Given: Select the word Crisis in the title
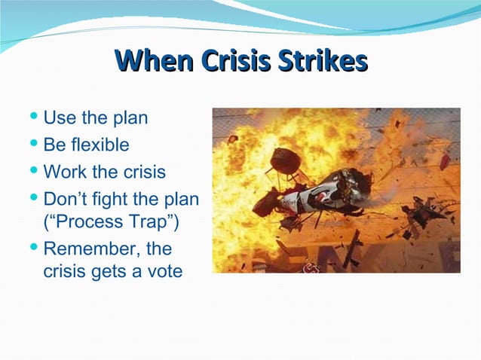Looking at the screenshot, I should coord(234,61).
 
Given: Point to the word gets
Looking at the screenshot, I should coord(112,272).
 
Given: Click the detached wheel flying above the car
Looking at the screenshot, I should coord(283,160).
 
